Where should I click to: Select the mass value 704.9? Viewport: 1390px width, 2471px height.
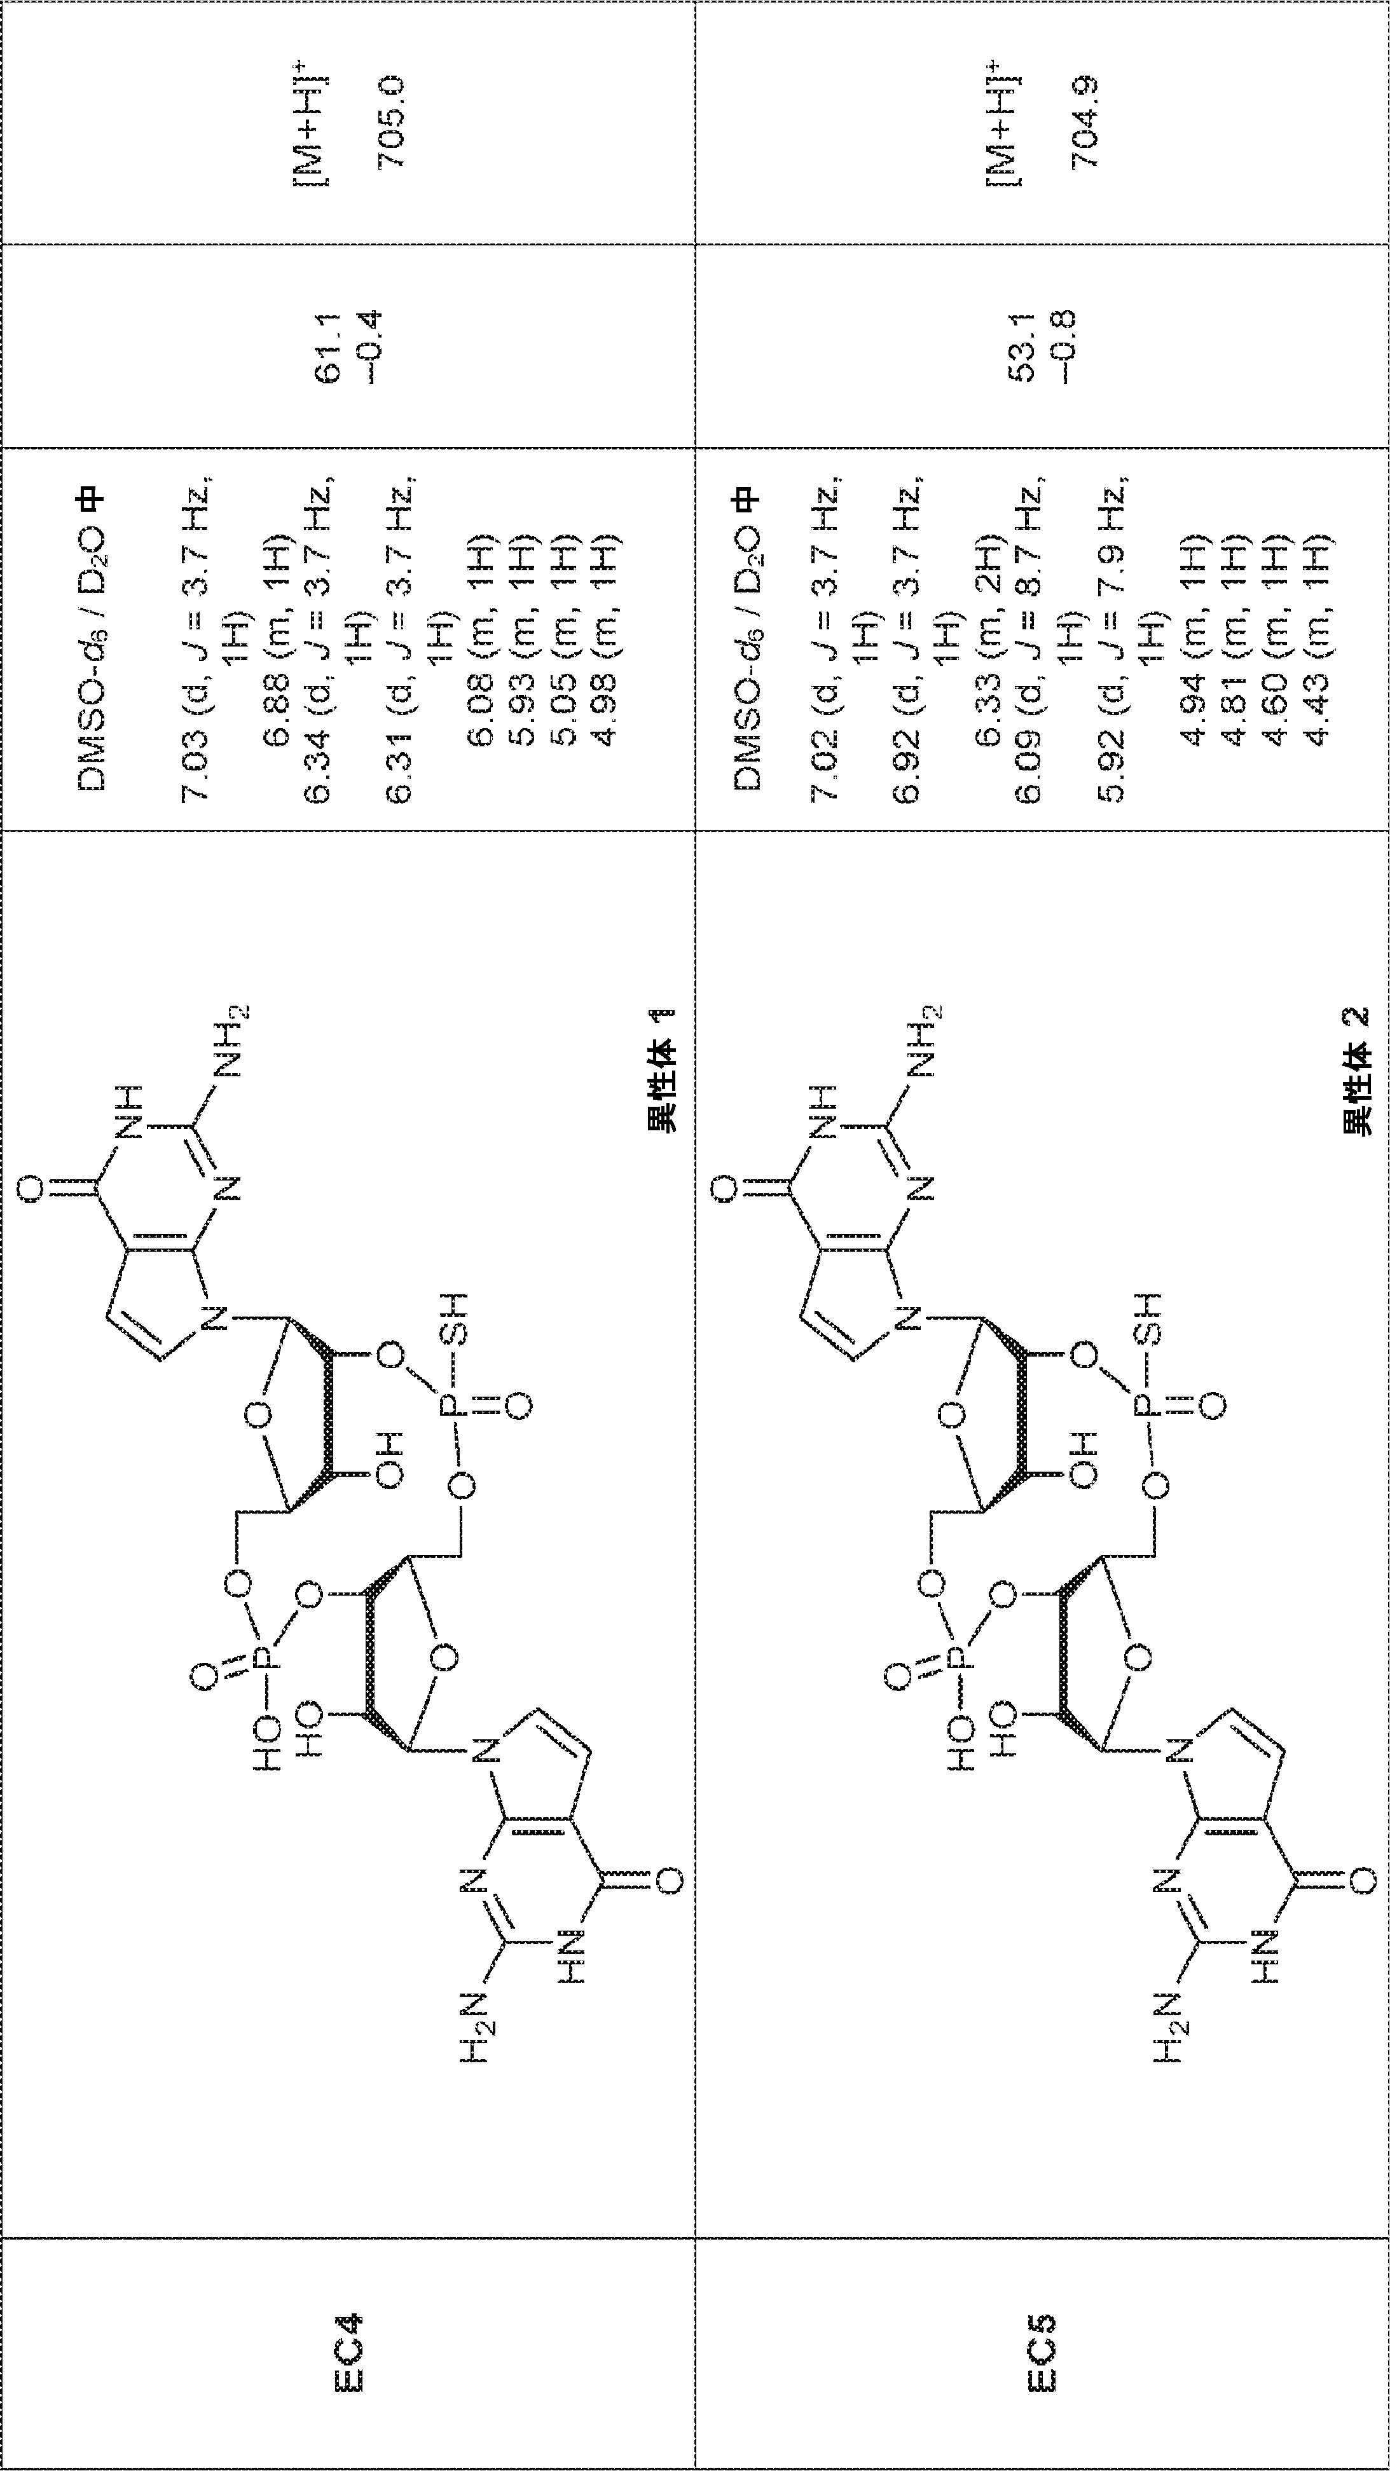(x=1085, y=122)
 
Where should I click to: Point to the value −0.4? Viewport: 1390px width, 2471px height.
(x=368, y=346)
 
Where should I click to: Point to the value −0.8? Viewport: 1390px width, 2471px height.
(x=1062, y=346)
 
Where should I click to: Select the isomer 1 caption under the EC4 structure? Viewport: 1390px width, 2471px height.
(x=662, y=1069)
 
